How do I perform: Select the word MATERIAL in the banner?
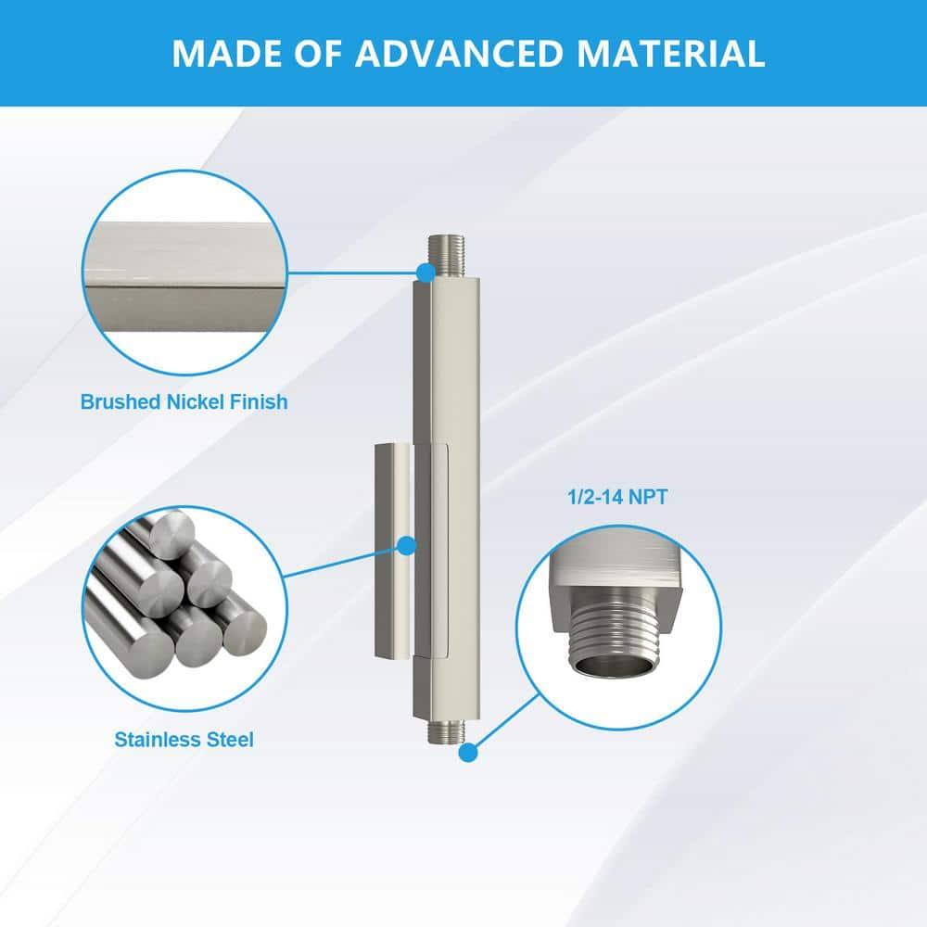click(670, 53)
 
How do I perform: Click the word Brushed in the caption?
click(121, 402)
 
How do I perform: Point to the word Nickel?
click(195, 402)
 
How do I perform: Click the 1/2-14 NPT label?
click(617, 497)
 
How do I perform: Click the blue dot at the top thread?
click(425, 273)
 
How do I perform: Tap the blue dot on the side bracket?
click(406, 546)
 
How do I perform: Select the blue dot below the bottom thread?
click(467, 753)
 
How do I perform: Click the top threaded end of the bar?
click(447, 256)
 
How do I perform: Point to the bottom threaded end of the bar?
click(447, 731)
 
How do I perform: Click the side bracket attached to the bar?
click(411, 551)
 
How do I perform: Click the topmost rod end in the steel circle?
click(171, 535)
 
